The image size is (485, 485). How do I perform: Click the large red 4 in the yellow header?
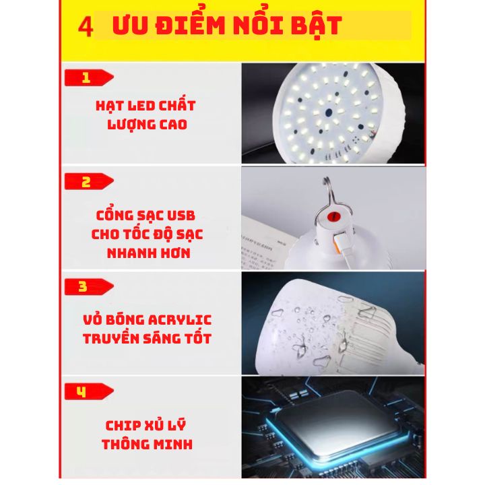coord(86,27)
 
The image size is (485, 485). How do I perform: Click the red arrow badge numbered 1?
coord(89,77)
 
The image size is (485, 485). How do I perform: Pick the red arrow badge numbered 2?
coord(89,181)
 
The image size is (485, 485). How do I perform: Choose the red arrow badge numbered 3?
coord(89,287)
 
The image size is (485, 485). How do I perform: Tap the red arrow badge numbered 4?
coord(89,391)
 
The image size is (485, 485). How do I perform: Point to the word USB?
coord(181,216)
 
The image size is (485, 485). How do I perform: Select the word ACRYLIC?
coord(180,320)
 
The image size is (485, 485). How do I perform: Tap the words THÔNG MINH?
coord(148,444)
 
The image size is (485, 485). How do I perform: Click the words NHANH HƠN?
coord(148,253)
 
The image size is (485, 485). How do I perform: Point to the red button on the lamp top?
coord(333,216)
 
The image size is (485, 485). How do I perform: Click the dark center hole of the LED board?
coord(329,112)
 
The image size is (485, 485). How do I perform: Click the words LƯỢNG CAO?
coord(148,125)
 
